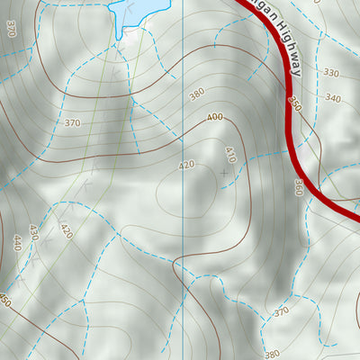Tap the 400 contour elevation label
(x=214, y=117)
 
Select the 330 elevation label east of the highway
(x=330, y=74)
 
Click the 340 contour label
(x=333, y=98)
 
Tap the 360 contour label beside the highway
(x=298, y=186)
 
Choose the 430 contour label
(x=34, y=232)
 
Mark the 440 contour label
(x=16, y=243)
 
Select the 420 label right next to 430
(x=65, y=230)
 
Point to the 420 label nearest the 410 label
(x=186, y=166)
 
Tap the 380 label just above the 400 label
(x=196, y=93)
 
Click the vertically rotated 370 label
(x=10, y=28)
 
